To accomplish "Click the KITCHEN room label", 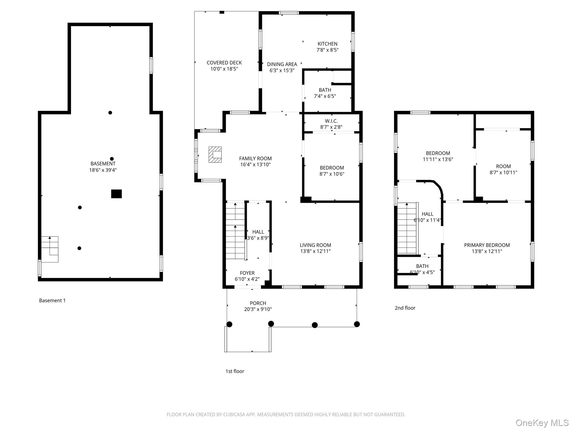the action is coord(327,44).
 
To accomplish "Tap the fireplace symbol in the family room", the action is coord(215,155).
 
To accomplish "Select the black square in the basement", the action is coord(116,194).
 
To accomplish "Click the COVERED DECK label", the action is coord(224,63).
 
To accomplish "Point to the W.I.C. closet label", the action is coord(331,121).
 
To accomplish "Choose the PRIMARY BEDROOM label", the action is coord(487,245).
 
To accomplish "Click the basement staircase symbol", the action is coord(50,249).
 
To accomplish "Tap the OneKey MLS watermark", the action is coord(542,423).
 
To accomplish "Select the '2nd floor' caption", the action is coord(405,308).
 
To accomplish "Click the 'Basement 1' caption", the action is coord(52,301).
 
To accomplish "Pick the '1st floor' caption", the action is coord(235,371).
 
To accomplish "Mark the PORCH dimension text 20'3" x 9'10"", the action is coord(258,309).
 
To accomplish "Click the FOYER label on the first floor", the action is coord(247,273).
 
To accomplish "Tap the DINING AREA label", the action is coord(282,64).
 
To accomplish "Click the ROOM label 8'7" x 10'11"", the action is coord(503,166).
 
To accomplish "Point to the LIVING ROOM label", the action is coord(315,245).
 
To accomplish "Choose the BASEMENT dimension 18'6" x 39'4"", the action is coord(103,170).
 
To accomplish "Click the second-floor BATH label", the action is coord(422,266).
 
